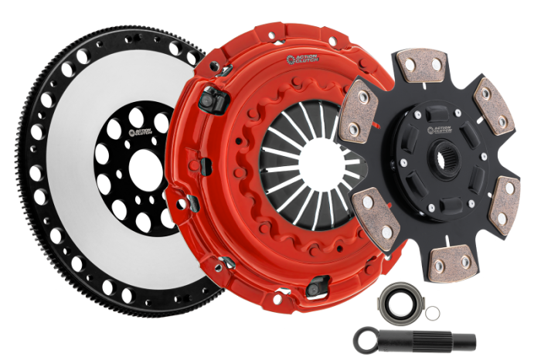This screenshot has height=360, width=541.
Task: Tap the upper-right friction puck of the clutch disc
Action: pyautogui.click(x=492, y=104)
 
